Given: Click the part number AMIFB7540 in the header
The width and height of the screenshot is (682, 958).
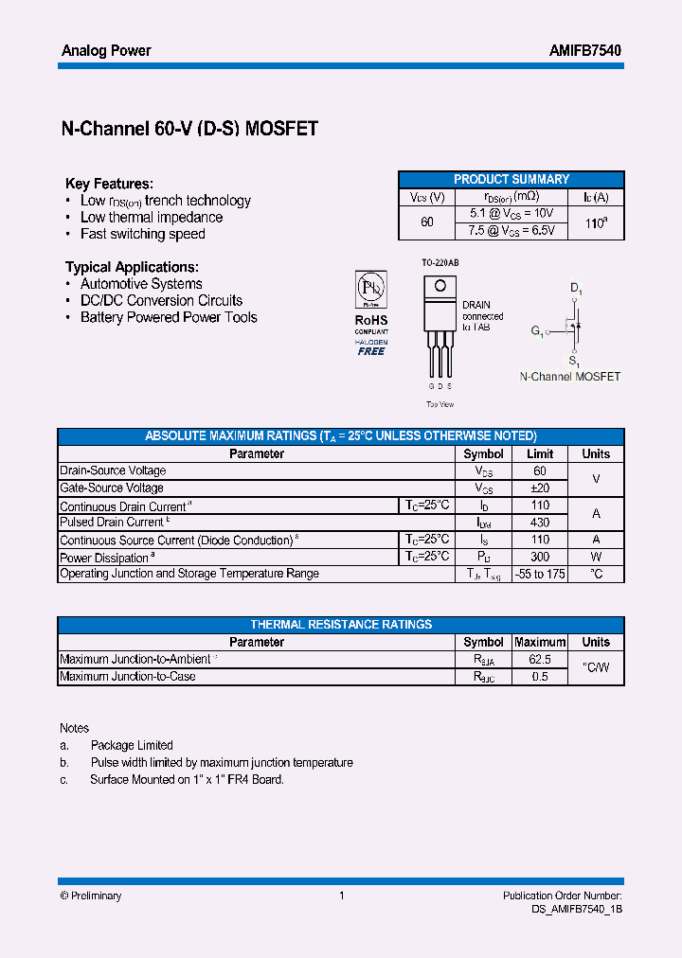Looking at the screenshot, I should (585, 50).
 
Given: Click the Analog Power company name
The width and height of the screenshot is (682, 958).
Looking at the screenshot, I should (106, 50).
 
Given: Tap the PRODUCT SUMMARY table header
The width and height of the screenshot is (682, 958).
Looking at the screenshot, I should (511, 179).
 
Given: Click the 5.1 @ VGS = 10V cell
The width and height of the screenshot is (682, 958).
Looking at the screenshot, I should (511, 214).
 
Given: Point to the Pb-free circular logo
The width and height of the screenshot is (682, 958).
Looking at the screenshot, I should (371, 288).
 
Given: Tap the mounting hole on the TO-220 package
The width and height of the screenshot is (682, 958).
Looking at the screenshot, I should (439, 285).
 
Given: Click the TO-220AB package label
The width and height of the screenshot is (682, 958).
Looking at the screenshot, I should (440, 262).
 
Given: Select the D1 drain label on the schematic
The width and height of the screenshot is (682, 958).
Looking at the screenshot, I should (576, 288).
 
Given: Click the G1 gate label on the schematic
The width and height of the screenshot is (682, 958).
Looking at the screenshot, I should (537, 331).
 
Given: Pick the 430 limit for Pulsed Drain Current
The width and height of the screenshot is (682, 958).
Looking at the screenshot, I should (540, 523).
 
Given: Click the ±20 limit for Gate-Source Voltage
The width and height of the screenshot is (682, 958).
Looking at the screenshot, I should (540, 488).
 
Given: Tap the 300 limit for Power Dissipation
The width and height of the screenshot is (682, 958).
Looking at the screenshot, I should (540, 558).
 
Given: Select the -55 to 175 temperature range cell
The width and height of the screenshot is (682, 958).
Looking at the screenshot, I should (540, 575).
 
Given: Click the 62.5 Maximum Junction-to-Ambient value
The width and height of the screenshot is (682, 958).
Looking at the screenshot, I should (540, 659).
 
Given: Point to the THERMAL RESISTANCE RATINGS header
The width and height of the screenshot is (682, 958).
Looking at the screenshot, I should (341, 625).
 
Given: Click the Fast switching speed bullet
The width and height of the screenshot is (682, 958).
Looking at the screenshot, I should (142, 234).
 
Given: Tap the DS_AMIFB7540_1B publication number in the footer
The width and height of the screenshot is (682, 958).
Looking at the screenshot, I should (577, 908).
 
